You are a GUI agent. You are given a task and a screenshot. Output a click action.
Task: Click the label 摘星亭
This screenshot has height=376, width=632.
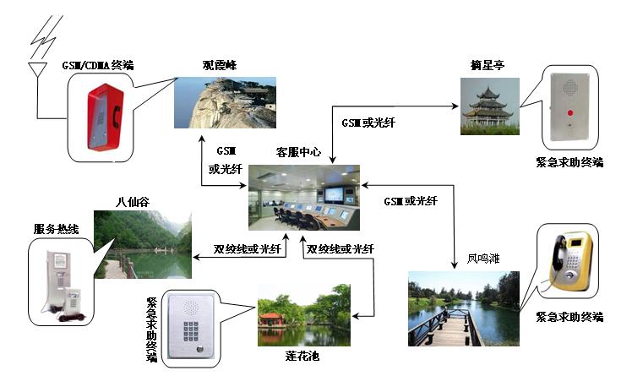coord(488,65)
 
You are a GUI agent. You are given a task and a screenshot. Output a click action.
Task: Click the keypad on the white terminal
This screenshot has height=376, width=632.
coord(186,324)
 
